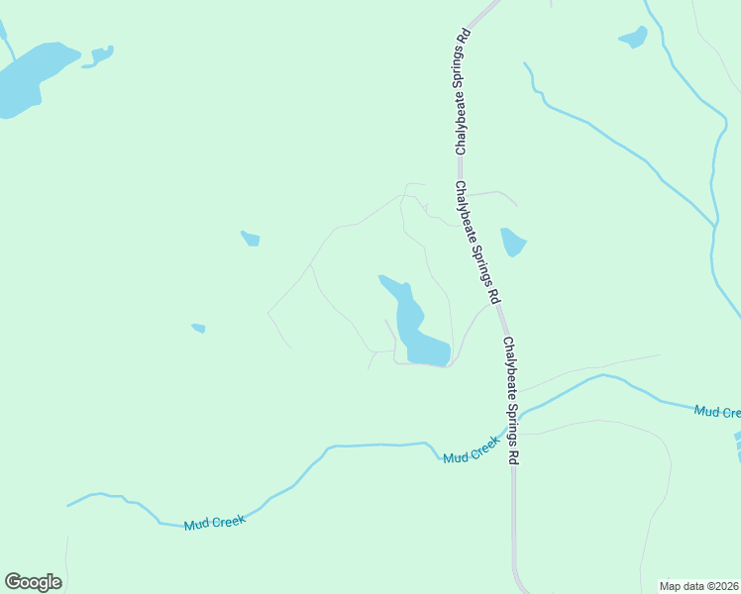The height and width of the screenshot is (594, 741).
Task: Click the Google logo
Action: point(33,582)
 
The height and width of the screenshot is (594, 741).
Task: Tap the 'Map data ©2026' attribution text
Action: point(699,585)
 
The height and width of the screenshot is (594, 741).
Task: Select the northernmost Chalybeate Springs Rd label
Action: point(462,92)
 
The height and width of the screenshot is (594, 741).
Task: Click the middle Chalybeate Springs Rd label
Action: point(478,242)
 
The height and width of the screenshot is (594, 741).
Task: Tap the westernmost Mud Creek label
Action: point(214,522)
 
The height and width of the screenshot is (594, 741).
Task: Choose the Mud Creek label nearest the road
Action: point(470,454)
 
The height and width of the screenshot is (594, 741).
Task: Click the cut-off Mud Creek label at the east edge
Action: point(717,411)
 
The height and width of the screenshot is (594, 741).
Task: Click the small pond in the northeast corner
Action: point(633,38)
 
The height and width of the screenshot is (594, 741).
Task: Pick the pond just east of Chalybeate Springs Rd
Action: point(512,242)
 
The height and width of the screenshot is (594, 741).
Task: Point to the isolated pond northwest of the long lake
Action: point(251,239)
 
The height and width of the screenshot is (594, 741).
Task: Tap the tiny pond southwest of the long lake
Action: point(198,328)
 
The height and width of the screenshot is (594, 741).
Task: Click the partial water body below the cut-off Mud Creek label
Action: point(737,445)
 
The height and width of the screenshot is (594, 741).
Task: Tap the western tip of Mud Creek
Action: point(69,505)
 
